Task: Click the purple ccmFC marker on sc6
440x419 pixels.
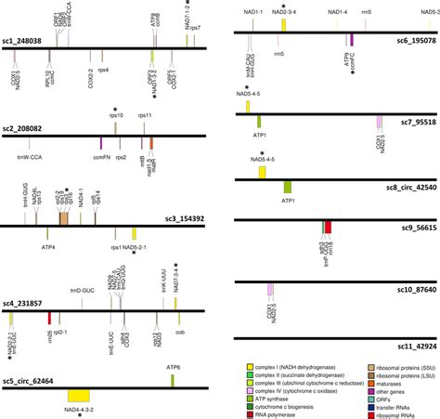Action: pos(352,41)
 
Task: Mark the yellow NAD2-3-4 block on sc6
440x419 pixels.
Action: pos(283,24)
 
